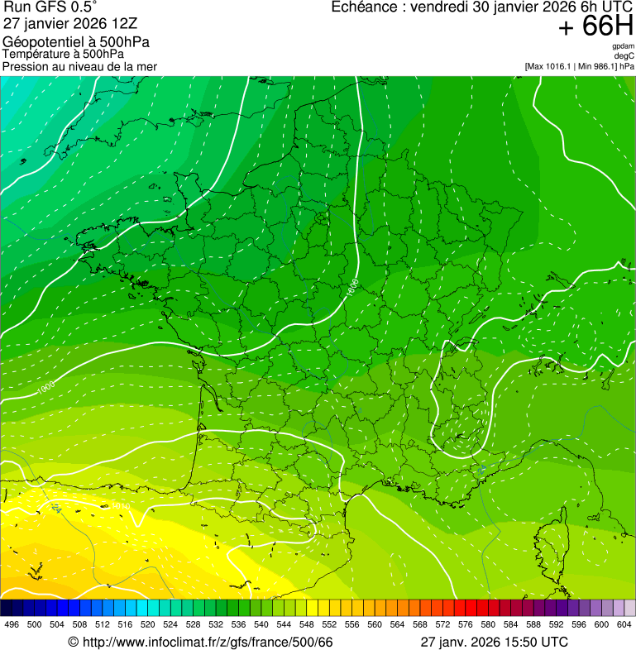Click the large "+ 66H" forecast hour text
click(595, 27)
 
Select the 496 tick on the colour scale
click(12, 624)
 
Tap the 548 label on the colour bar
click(305, 624)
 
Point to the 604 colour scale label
click(624, 624)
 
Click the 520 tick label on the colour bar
click(147, 624)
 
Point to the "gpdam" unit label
click(623, 46)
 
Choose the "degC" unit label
click(624, 56)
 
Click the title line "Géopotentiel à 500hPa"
click(76, 42)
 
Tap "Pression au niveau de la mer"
click(79, 66)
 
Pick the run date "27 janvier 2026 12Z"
click(74, 24)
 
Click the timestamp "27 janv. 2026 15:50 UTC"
click(495, 642)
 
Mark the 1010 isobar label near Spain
click(121, 505)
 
